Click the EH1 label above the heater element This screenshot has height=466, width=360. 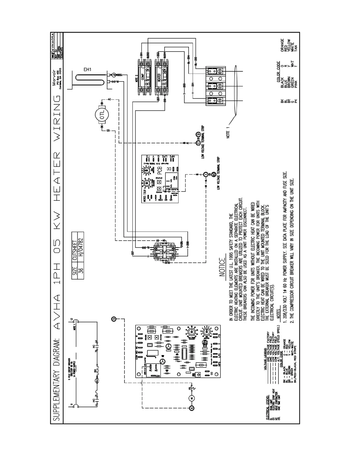[87, 70]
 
